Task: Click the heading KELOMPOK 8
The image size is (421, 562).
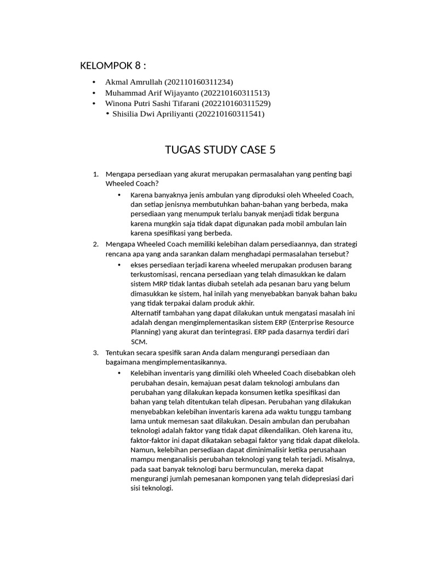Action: [x=113, y=66]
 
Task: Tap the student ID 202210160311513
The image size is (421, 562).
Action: [x=236, y=93]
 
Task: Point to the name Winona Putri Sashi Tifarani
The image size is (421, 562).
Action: [x=152, y=103]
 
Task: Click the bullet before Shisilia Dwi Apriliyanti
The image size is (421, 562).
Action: [x=107, y=114]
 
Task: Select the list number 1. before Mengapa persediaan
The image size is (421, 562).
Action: [x=96, y=174]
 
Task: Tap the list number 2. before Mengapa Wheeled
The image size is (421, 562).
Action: [x=96, y=244]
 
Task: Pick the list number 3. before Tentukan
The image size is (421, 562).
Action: [x=96, y=352]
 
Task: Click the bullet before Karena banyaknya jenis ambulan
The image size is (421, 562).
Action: [x=120, y=195]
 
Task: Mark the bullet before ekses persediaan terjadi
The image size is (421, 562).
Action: [x=120, y=265]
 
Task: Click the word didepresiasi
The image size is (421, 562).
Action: [x=317, y=478]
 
